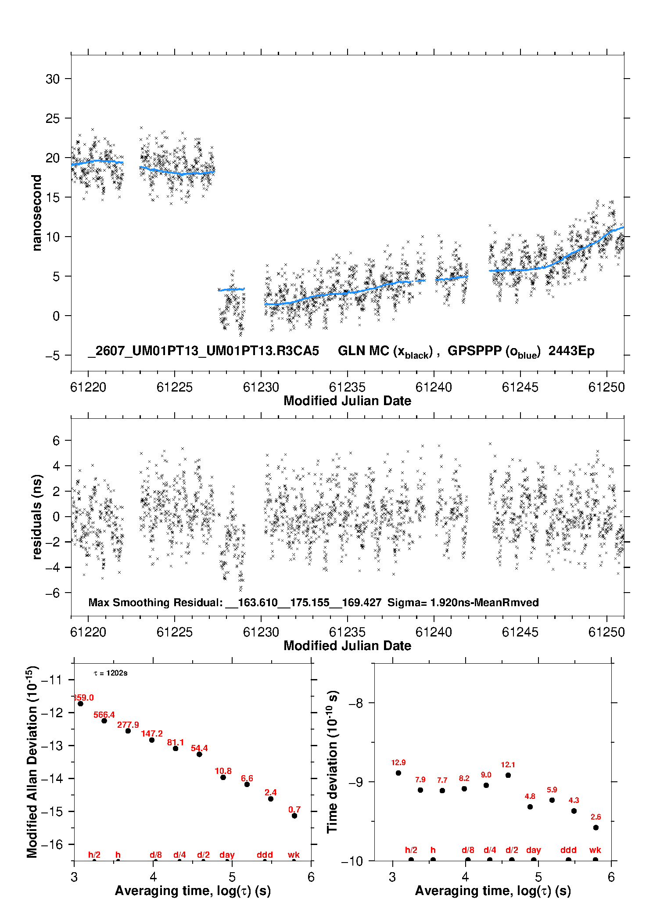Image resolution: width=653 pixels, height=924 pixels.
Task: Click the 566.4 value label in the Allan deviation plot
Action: coord(104,715)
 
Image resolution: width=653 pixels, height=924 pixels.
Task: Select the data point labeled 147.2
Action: coord(152,740)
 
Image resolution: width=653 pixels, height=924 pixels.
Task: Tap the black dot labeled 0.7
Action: coord(294,816)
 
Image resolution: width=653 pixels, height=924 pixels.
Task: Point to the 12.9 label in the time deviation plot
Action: coord(398,763)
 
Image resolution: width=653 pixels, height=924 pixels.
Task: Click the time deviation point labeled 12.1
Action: coord(508,775)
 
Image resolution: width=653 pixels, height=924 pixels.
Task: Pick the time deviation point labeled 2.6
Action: coord(596,827)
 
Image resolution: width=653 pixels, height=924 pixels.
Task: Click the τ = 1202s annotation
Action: coord(111,673)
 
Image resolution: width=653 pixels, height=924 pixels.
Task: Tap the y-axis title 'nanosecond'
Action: coord(37,212)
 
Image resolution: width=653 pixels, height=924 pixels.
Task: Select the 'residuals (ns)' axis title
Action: coord(37,517)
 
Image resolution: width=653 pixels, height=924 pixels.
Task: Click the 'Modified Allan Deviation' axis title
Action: coord(32,762)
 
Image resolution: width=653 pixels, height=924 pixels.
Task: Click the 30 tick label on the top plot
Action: coord(53,79)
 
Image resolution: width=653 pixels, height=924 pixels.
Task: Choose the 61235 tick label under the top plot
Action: coord(347,387)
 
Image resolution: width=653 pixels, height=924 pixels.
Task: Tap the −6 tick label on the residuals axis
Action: coord(52,593)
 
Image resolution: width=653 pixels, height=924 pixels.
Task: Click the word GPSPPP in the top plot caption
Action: coord(475,351)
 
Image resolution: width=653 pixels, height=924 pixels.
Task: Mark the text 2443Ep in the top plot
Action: coord(571,351)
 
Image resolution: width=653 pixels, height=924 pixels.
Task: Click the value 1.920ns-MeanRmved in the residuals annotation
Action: coord(484,602)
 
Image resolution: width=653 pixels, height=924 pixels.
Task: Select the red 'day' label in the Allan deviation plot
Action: coord(227,855)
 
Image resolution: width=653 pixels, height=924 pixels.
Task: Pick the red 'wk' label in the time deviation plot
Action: coord(595,850)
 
